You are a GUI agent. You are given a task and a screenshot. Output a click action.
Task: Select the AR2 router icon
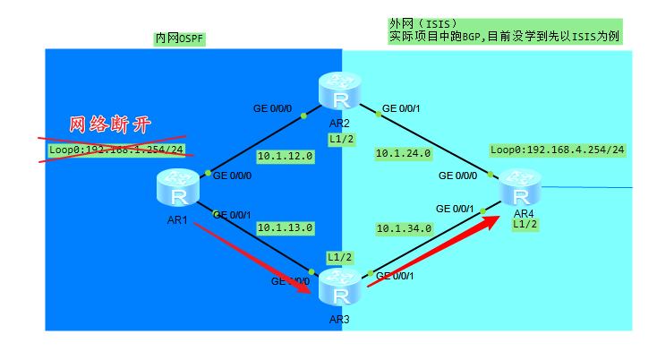[x=339, y=93]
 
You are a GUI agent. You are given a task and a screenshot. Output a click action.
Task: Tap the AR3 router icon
[x=339, y=289]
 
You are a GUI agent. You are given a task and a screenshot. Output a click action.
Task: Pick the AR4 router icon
[x=522, y=188]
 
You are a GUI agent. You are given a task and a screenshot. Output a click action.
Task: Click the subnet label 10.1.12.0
[x=285, y=156]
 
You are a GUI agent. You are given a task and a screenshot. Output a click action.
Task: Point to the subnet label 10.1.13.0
[x=285, y=227]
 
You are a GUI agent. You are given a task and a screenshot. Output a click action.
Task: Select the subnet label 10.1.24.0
[x=403, y=153]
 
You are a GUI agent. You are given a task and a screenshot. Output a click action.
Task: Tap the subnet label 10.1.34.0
[x=404, y=228]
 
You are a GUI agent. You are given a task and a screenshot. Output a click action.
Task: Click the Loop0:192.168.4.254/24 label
[x=557, y=150]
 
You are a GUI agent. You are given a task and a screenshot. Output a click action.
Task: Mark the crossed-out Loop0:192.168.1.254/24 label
[x=116, y=150]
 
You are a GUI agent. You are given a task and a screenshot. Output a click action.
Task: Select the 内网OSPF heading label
[x=179, y=39]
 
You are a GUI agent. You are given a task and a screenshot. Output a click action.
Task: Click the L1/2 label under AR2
[x=341, y=139]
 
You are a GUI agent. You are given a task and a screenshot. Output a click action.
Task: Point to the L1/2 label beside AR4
[x=525, y=224]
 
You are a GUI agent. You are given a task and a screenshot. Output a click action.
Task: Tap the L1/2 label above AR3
[x=339, y=257]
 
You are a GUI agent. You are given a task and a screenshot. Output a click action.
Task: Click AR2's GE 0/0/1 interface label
[x=401, y=109]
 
